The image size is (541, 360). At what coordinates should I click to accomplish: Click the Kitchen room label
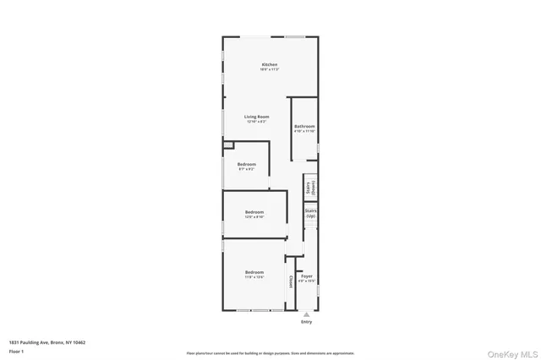270,64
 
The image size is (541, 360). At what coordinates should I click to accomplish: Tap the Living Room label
257,117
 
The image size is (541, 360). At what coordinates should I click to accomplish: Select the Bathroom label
304,126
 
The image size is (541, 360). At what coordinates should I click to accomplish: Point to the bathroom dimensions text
304,131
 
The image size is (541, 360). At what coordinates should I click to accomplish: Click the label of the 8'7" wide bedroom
247,164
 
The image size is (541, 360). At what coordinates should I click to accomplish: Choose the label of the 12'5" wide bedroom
254,211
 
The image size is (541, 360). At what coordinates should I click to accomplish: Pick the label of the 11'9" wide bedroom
254,272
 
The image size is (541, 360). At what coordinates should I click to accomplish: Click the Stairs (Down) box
310,188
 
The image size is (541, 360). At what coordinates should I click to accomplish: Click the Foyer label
307,275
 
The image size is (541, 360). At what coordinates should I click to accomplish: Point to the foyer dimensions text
307,281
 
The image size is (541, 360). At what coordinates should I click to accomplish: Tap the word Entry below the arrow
306,322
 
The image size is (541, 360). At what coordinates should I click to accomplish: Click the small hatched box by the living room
228,145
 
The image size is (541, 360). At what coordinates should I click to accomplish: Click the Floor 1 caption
16,351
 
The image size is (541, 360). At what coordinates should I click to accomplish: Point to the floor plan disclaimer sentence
270,353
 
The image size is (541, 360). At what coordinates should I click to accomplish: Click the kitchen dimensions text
270,69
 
